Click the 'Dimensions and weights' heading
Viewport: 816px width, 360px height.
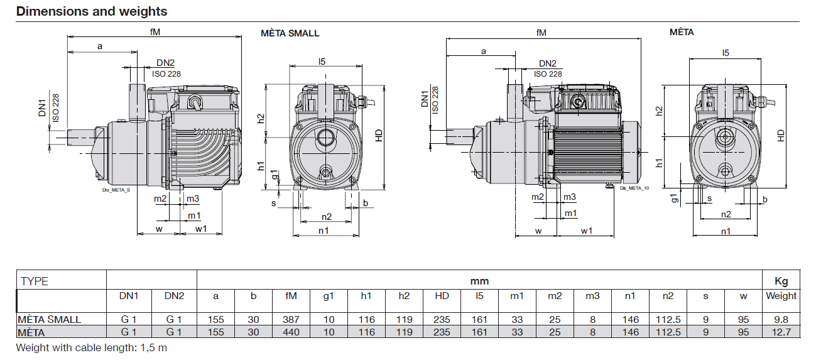(92, 11)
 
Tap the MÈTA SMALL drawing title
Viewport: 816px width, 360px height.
(290, 33)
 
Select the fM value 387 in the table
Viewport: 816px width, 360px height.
(291, 320)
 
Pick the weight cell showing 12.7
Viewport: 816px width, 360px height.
(781, 332)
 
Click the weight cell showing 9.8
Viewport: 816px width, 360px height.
(781, 320)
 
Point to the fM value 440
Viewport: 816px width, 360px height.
(291, 332)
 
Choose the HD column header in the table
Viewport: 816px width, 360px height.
(442, 296)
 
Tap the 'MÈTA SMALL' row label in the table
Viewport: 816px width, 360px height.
(49, 320)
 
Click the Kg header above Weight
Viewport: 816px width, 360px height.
(781, 281)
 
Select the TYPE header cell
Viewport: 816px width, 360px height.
(35, 281)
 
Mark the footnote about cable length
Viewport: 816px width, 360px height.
(92, 347)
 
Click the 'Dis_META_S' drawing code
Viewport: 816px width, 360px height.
(116, 190)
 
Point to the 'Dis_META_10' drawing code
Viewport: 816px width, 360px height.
(634, 188)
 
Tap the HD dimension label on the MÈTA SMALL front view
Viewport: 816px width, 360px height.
(379, 136)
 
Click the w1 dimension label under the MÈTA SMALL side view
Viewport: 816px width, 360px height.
(201, 229)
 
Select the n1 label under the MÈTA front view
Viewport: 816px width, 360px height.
(726, 231)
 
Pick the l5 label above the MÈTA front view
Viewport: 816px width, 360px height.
(726, 53)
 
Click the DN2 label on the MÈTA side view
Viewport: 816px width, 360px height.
(548, 63)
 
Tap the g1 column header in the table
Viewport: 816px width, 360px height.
(329, 297)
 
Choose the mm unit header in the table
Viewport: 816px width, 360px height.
(479, 281)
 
